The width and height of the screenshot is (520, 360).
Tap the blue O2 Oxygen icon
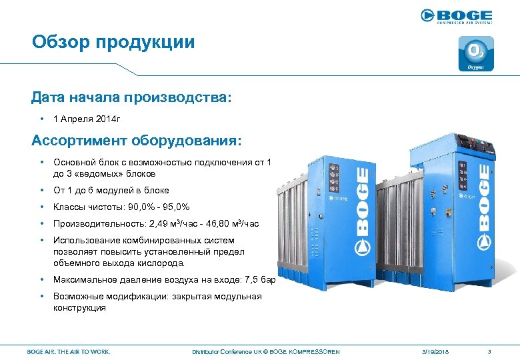[475, 54]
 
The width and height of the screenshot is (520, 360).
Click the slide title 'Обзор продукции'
[113, 43]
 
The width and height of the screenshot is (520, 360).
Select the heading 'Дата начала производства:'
[132, 98]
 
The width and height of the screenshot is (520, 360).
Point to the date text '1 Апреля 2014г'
[87, 119]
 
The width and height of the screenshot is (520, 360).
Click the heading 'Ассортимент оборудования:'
[137, 141]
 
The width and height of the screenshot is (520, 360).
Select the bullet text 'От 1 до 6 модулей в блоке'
[111, 190]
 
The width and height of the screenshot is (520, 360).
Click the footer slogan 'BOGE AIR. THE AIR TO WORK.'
[69, 351]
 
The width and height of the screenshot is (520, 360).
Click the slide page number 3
[489, 351]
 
